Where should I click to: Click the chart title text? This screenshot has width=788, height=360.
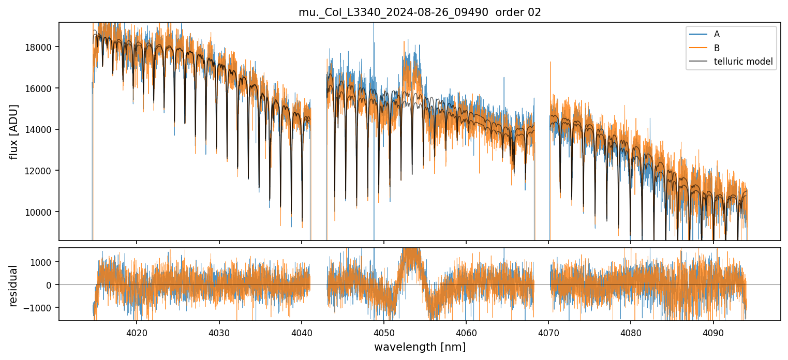click(420, 12)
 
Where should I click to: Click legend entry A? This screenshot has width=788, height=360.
click(717, 34)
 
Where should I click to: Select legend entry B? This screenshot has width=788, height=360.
click(717, 48)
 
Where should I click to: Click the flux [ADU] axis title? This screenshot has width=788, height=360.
click(14, 131)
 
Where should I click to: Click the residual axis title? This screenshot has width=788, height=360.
click(14, 285)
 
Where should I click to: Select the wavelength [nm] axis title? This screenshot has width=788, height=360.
click(420, 347)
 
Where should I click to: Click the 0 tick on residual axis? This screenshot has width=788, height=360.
click(52, 285)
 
